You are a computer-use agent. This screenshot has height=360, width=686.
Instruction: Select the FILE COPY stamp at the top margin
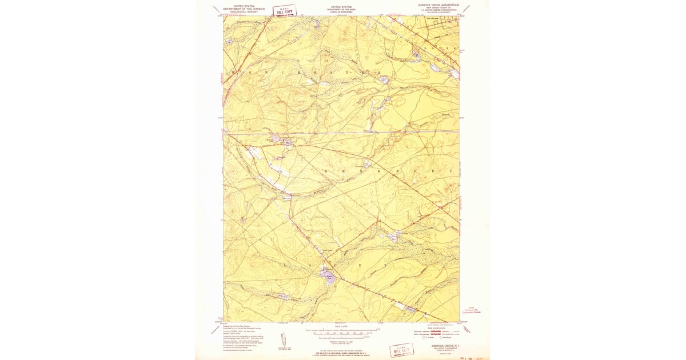coord(285,11)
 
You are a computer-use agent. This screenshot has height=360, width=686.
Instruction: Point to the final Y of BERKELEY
coord(452,171)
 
